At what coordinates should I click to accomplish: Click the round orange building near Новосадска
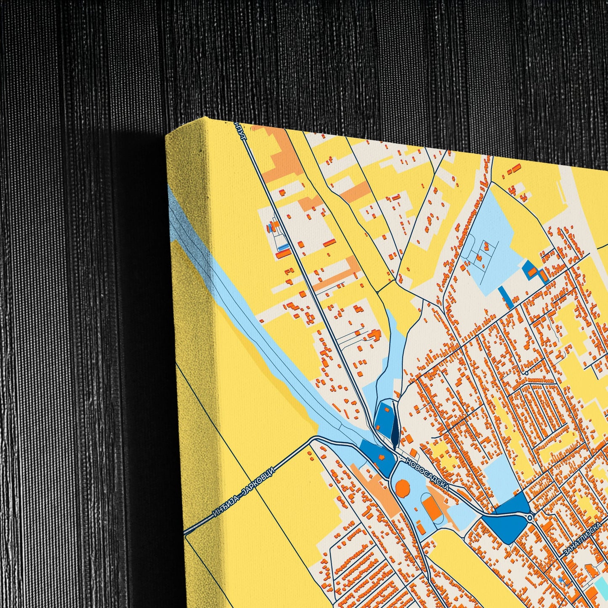tap(403, 489)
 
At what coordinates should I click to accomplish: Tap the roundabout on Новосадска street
tap(529, 517)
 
